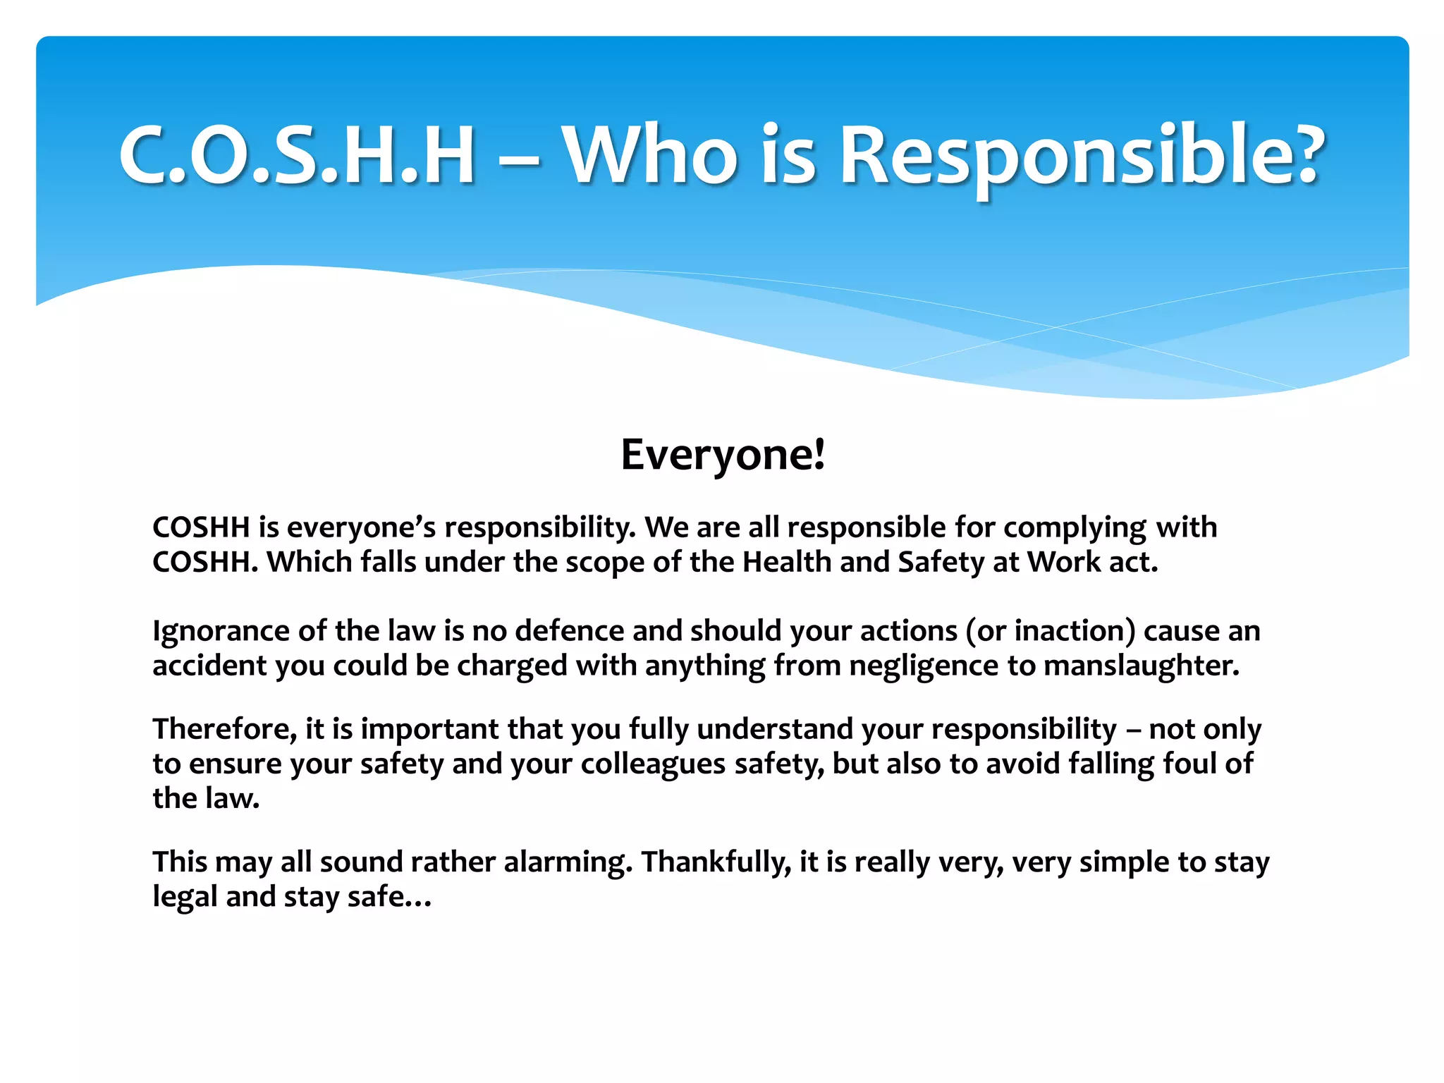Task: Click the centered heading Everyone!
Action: tap(722, 455)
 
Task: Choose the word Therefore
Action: tap(224, 730)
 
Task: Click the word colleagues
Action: tap(653, 764)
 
